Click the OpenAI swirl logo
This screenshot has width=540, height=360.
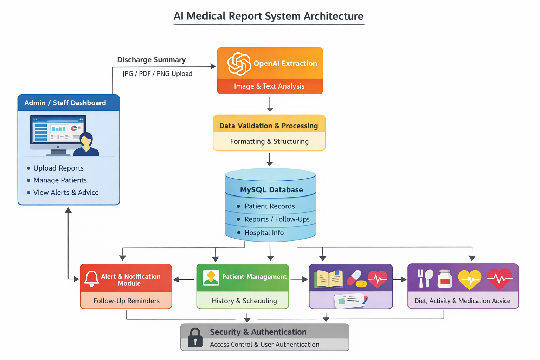pos(239,64)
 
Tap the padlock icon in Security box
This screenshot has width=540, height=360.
pos(195,337)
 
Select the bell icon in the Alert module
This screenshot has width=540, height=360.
pos(91,278)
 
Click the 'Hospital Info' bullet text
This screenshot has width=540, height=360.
pos(264,233)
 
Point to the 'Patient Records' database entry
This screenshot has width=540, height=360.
pos(269,206)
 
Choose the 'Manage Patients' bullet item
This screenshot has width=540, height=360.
pos(60,180)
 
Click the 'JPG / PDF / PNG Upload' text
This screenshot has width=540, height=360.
pos(157,73)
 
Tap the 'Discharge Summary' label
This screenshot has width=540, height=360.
pos(151,60)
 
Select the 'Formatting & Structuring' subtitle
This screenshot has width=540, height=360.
pos(269,141)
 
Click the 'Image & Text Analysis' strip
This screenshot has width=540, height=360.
pos(269,86)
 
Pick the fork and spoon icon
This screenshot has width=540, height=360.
pos(425,278)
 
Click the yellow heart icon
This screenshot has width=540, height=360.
pos(469,279)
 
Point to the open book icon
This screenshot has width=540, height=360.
pos(329,279)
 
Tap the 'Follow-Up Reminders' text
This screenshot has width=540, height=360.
pos(126,301)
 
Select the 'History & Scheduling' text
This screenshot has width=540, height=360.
pos(244,301)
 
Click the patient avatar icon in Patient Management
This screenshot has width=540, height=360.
pos(211,278)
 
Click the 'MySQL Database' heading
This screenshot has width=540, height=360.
pos(271,190)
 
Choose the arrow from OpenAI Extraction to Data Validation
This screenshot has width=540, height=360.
pos(270,104)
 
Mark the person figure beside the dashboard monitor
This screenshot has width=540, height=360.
pos(86,144)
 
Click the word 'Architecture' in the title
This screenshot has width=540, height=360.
pos(333,16)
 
